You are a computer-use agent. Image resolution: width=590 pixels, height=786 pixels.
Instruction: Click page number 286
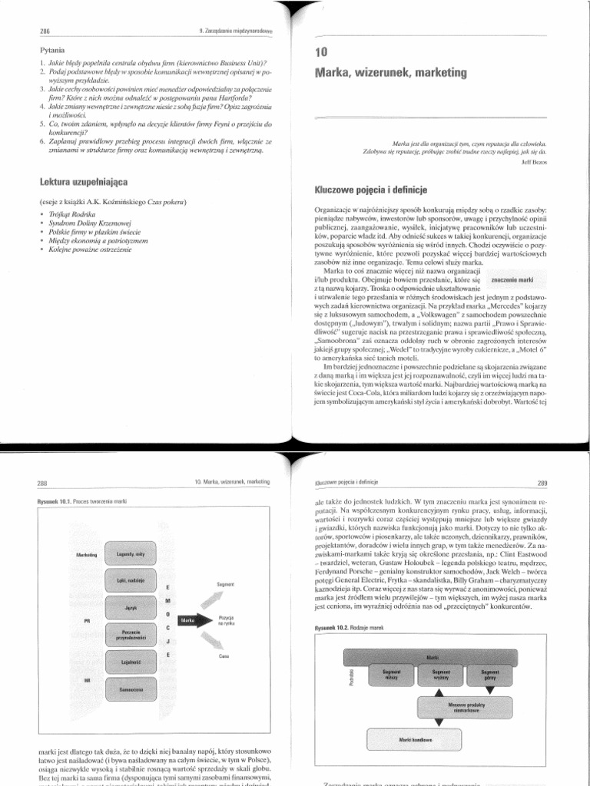coord(33,31)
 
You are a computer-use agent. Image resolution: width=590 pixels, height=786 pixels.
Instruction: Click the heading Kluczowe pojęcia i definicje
coord(370,189)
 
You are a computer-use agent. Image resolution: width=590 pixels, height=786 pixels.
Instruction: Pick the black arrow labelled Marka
coord(193,619)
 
